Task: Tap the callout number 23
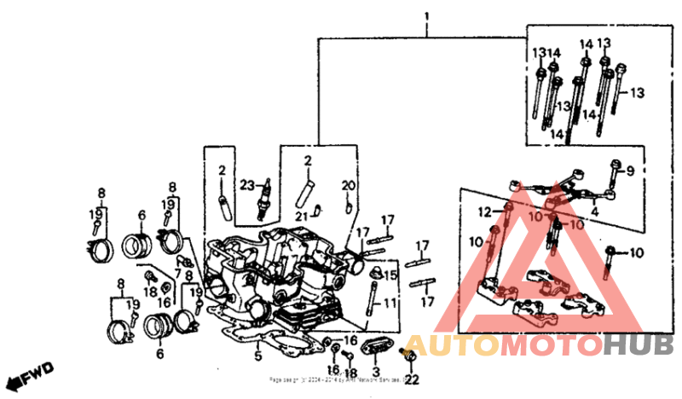[247, 185]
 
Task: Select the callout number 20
[347, 185]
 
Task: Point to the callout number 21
[302, 217]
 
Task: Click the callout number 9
[631, 171]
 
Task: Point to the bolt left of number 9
[613, 174]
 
